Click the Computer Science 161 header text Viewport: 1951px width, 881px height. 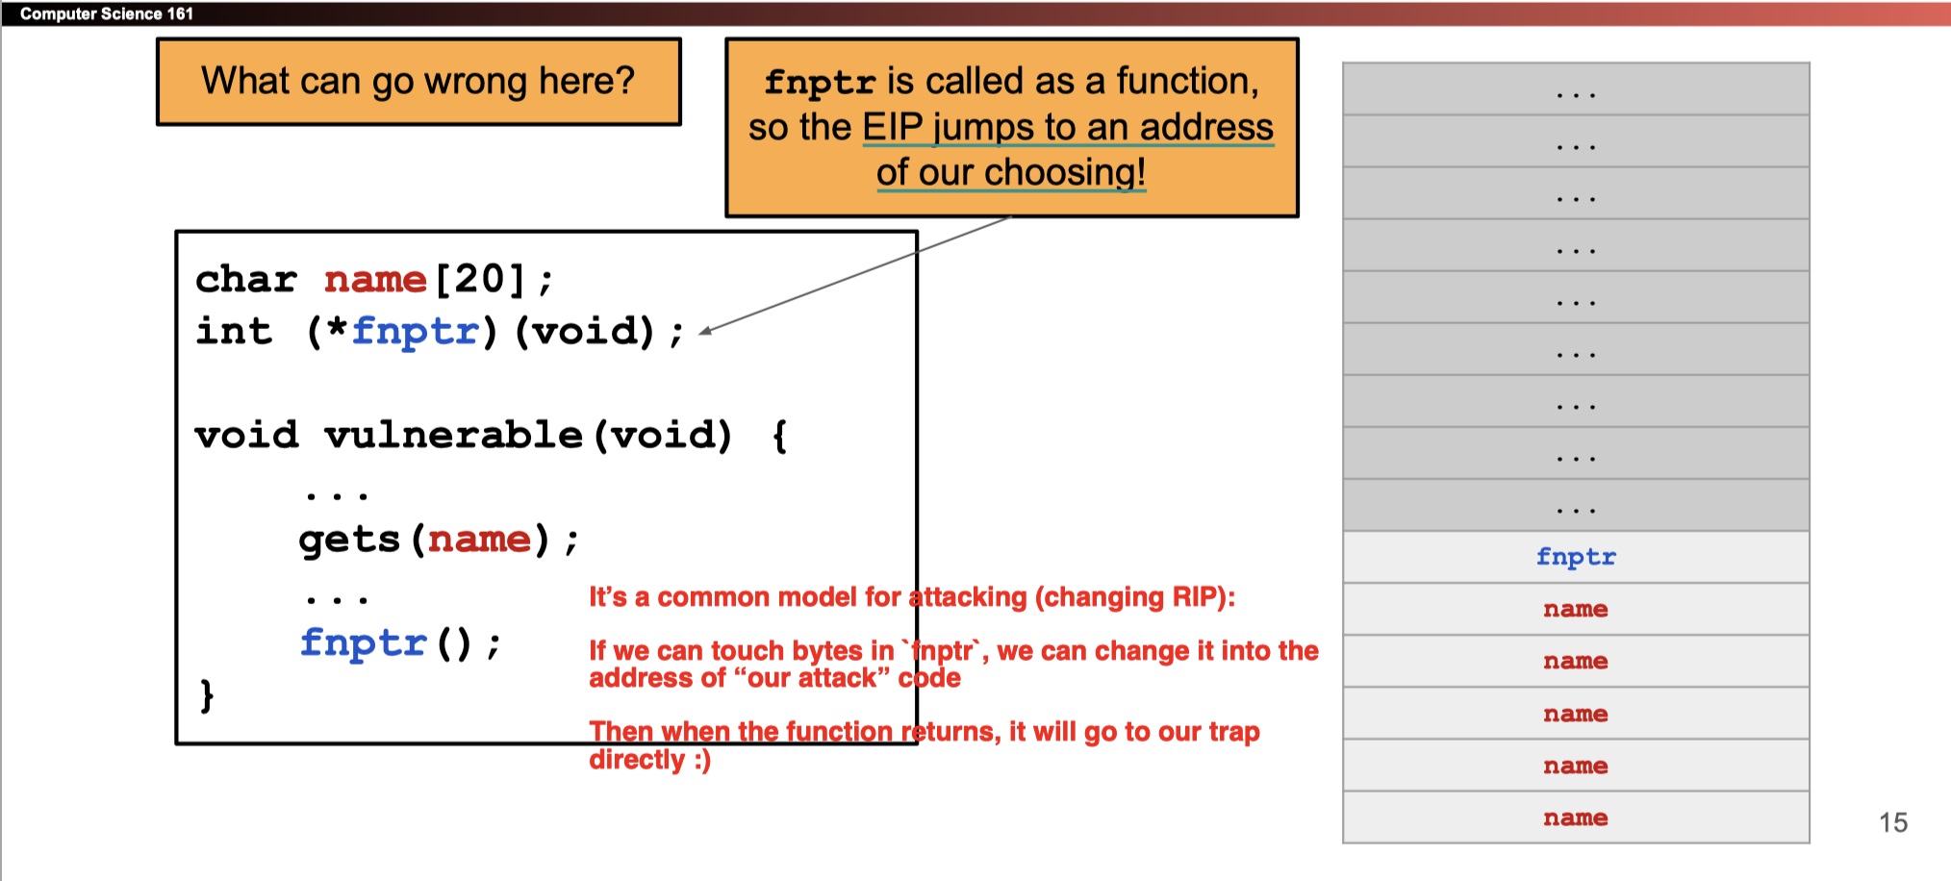pyautogui.click(x=106, y=13)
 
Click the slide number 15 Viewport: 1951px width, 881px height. pyautogui.click(x=1892, y=822)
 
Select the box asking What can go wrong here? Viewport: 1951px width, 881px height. pyautogui.click(x=418, y=82)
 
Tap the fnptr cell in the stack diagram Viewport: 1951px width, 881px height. pyautogui.click(x=1575, y=557)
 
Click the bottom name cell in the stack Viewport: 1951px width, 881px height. pyautogui.click(x=1575, y=818)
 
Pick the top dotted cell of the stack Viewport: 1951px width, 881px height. pyautogui.click(x=1575, y=89)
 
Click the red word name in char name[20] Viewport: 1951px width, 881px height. pyautogui.click(x=375, y=280)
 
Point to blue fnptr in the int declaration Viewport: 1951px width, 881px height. pyautogui.click(x=415, y=332)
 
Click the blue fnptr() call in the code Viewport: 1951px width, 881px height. pyautogui.click(x=363, y=642)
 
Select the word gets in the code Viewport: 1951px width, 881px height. pyautogui.click(x=348, y=540)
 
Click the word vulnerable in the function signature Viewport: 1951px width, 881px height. pyautogui.click(x=453, y=436)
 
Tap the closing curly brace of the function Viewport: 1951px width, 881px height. pyautogui.click(x=206, y=694)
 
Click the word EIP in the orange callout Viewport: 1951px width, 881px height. pyautogui.click(x=892, y=127)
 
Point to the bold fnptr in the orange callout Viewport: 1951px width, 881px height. pyautogui.click(x=820, y=82)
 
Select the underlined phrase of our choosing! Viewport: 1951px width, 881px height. pyautogui.click(x=1010, y=173)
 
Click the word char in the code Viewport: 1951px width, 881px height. pyautogui.click(x=246, y=280)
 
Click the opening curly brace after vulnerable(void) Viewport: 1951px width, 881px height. pyautogui.click(x=779, y=436)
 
